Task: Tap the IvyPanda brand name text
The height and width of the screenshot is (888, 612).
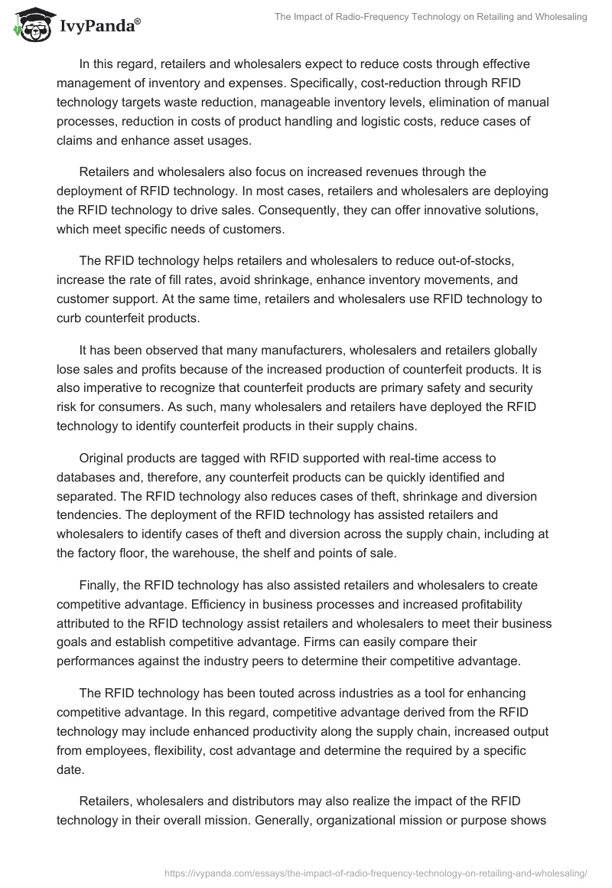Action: click(x=99, y=27)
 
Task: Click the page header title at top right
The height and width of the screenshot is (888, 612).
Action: click(x=431, y=16)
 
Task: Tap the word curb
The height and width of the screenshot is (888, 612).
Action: click(x=70, y=317)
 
